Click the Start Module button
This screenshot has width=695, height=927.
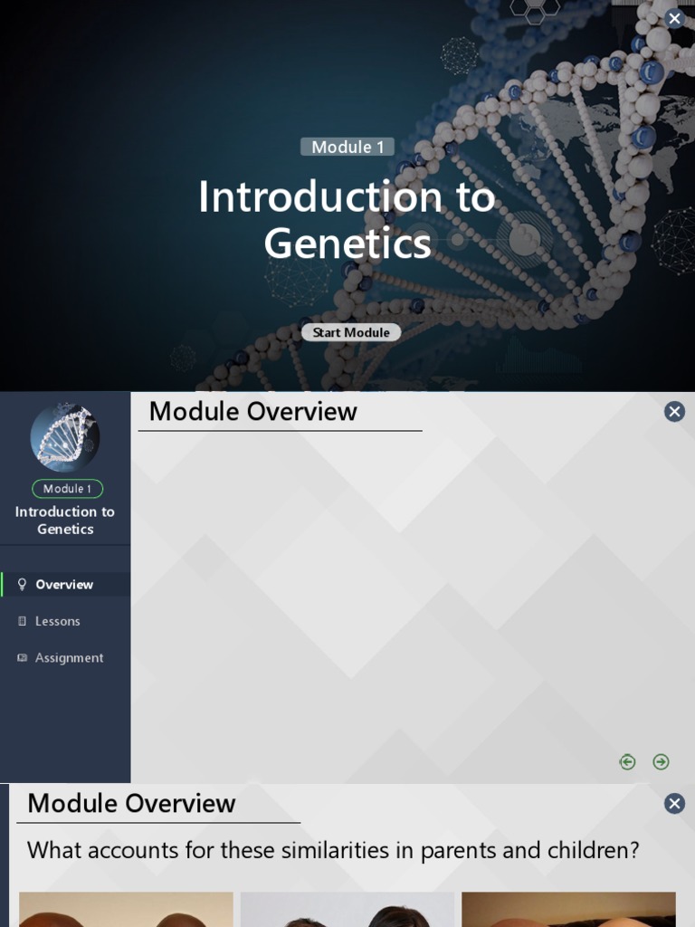(351, 332)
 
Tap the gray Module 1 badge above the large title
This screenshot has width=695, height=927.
(347, 147)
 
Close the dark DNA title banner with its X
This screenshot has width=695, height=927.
(674, 18)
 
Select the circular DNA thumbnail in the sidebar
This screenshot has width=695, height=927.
(65, 437)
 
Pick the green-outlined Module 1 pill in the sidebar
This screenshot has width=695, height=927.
(67, 489)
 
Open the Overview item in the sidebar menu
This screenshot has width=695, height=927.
(64, 585)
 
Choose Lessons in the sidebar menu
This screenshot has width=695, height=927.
(58, 621)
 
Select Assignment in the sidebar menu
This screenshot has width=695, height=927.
(69, 658)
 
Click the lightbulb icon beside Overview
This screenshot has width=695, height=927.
(23, 585)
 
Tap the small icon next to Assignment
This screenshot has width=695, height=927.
(23, 658)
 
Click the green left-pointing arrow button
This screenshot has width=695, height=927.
(627, 762)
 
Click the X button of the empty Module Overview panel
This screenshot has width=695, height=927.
(674, 412)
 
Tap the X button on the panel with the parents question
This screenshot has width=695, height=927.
(674, 804)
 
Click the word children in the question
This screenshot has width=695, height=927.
(587, 851)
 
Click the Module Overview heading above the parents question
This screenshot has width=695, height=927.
(131, 804)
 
